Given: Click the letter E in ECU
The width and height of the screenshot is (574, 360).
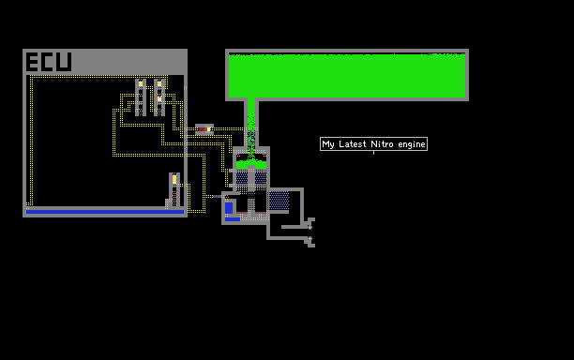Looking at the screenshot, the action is click(32, 62).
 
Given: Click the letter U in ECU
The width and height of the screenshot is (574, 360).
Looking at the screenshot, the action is click(64, 62).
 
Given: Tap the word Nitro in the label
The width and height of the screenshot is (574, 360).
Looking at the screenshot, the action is click(383, 144).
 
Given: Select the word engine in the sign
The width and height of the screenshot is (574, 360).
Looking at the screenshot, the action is click(412, 145).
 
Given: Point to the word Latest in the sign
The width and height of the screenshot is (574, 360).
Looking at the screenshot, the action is click(353, 144).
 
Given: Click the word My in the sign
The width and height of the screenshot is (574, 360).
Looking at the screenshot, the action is click(328, 144).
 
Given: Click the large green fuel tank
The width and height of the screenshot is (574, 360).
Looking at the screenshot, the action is click(347, 75).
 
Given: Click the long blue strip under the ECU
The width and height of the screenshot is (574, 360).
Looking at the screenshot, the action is click(105, 212).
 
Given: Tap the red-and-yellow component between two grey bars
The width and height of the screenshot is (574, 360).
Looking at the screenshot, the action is click(204, 129).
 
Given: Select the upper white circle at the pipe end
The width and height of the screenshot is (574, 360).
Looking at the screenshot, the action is click(310, 227).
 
